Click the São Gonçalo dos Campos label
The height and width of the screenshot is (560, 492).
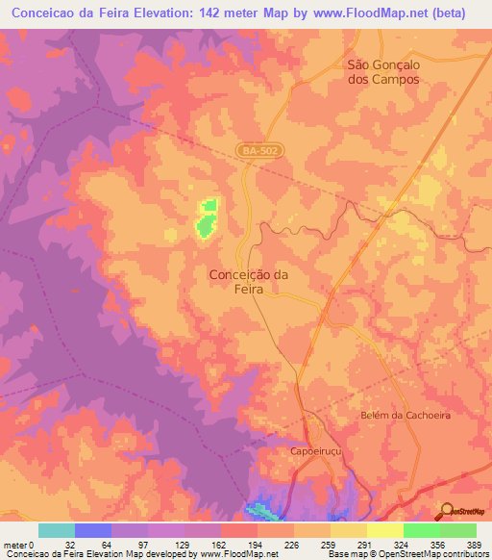(383, 72)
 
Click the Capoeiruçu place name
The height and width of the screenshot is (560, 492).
(316, 450)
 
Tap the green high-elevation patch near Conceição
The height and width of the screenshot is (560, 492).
(205, 218)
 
